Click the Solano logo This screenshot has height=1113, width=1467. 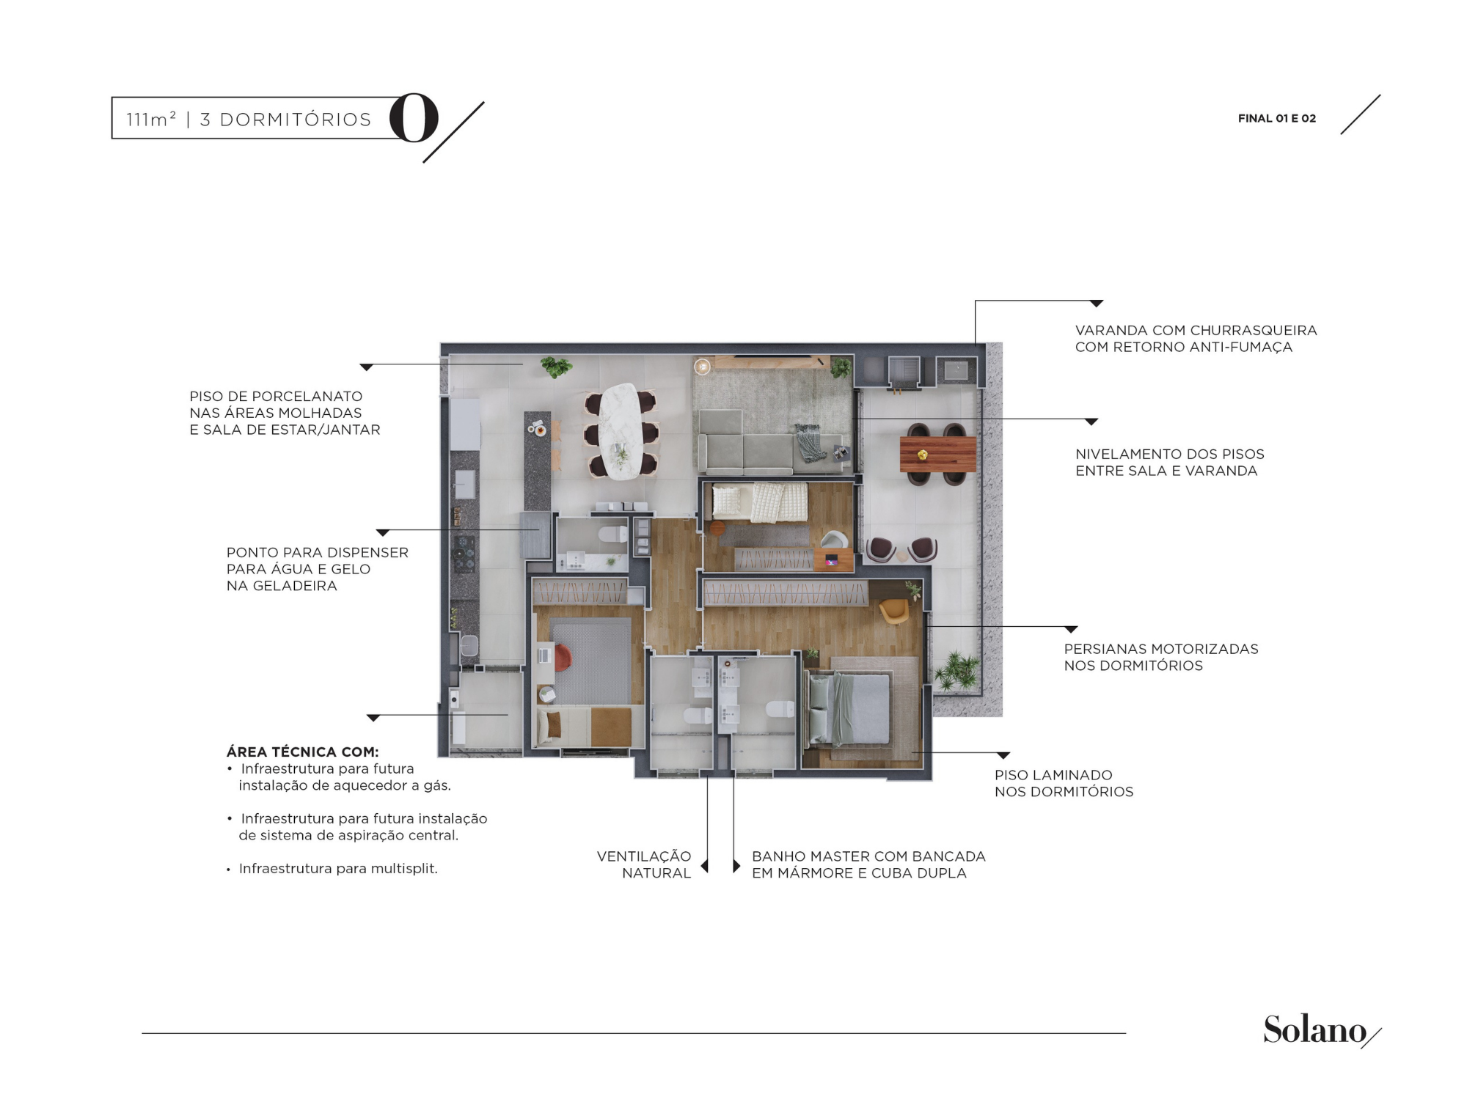pyautogui.click(x=1320, y=1030)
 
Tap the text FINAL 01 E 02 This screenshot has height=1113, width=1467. pyautogui.click(x=1277, y=118)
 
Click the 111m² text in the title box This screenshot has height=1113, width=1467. pyautogui.click(x=151, y=119)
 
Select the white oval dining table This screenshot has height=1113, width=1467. pyautogui.click(x=620, y=431)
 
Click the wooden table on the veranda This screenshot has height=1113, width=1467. pyautogui.click(x=938, y=454)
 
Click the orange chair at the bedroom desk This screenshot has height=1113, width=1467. pyautogui.click(x=562, y=657)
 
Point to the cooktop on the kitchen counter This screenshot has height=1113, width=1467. pyautogui.click(x=464, y=553)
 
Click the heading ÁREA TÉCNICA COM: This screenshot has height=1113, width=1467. pyautogui.click(x=302, y=752)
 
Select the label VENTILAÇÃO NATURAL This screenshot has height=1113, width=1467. pyautogui.click(x=644, y=864)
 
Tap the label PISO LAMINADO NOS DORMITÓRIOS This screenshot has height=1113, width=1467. pyautogui.click(x=1064, y=783)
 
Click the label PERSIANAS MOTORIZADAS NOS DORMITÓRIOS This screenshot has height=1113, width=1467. pyautogui.click(x=1161, y=657)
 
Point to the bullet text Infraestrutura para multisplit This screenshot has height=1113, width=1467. pyautogui.click(x=338, y=868)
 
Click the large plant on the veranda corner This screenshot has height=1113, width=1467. pyautogui.click(x=956, y=670)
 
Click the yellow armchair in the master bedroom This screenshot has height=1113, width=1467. pyautogui.click(x=893, y=611)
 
